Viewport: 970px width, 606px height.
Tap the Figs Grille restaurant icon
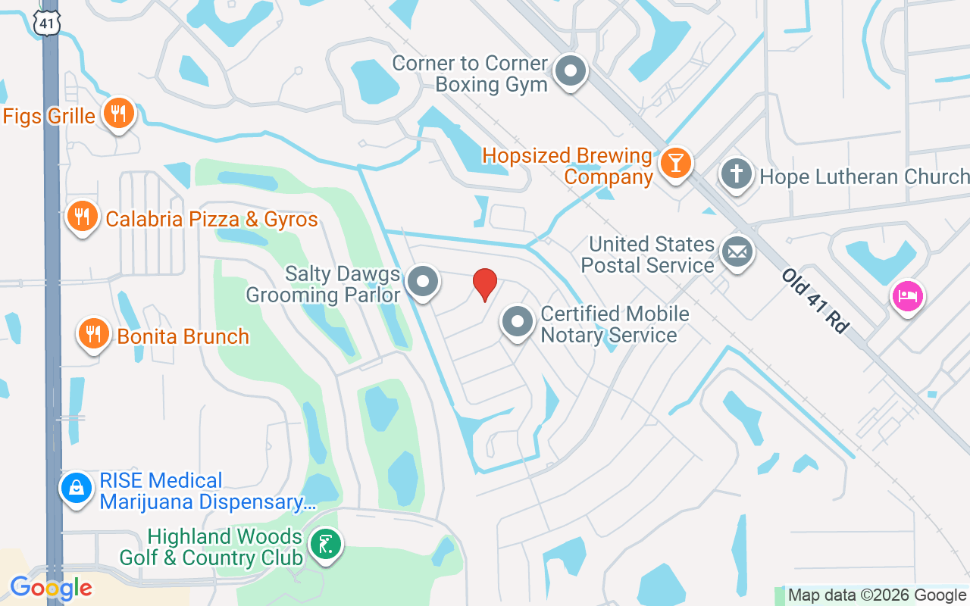tap(117, 113)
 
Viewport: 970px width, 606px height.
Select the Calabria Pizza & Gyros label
tap(211, 220)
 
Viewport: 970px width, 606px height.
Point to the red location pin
tap(485, 284)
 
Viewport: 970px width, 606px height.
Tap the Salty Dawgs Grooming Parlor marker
tap(423, 283)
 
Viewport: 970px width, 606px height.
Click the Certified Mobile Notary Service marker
tap(518, 322)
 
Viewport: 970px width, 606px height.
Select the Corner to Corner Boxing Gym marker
tap(571, 72)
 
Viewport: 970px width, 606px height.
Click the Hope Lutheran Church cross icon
tap(736, 174)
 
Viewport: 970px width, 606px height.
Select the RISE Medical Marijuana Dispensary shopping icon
tap(77, 489)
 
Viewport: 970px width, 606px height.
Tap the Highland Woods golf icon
tap(326, 545)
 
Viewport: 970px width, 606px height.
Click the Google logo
tap(51, 588)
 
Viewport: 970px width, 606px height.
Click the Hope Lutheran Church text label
tap(864, 176)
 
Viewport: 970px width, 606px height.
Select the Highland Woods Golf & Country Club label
tap(211, 548)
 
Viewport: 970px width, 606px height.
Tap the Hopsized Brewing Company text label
tap(568, 167)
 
